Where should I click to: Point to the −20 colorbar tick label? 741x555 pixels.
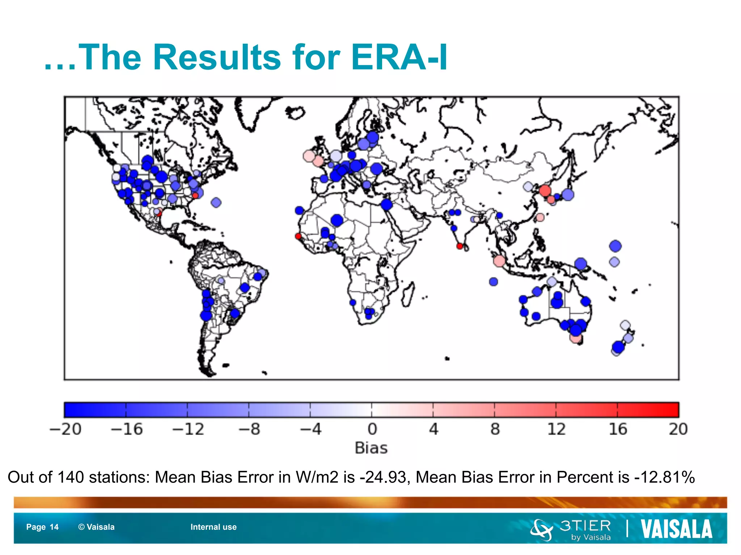point(65,429)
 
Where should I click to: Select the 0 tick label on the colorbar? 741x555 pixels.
point(372,429)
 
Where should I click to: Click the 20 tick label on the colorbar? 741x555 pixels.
point(678,429)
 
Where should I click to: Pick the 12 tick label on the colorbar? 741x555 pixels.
point(556,429)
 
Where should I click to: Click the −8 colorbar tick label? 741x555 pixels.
point(249,429)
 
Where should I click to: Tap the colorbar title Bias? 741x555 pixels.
point(371,448)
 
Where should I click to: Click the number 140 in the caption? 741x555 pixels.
point(71,477)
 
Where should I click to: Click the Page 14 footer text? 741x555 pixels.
point(42,527)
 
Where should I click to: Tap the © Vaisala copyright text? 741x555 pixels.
point(96,527)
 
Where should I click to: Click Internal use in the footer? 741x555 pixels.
point(213,527)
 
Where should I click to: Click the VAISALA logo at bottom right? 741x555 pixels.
point(676,529)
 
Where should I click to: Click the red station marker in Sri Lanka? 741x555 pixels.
point(460,246)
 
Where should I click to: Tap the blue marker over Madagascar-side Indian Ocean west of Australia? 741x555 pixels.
point(494,281)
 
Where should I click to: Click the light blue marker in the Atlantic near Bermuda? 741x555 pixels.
point(216,202)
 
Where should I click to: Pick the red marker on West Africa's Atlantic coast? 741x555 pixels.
point(298,236)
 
